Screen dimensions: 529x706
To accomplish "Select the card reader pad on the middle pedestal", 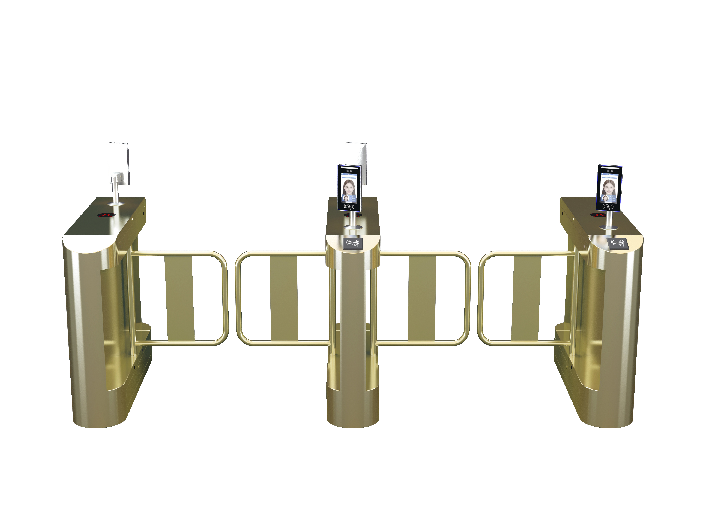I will [353, 243].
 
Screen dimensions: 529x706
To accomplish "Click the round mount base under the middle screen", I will [353, 227].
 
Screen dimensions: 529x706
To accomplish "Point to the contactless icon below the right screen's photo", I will [608, 207].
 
